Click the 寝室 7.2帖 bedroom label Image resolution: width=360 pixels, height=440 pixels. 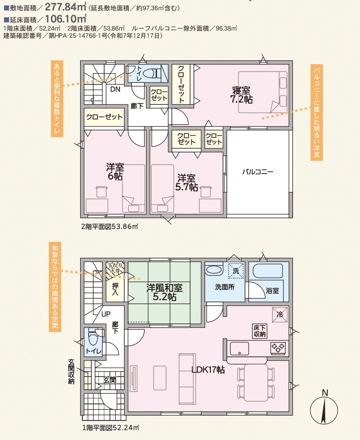(241, 95)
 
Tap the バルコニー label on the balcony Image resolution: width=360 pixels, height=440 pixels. (257, 171)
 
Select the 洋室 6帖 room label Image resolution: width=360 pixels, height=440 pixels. (115, 171)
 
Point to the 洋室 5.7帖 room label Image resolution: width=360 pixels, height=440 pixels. (186, 183)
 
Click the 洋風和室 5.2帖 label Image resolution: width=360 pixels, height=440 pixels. (165, 292)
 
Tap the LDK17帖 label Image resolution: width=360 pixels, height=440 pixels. (208, 370)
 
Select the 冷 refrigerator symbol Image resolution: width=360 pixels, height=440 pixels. (280, 315)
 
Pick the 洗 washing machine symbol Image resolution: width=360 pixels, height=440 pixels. (236, 271)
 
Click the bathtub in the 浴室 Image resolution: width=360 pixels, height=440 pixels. (268, 271)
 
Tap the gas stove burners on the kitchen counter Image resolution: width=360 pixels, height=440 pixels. (278, 348)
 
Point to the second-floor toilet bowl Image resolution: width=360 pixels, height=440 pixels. (151, 74)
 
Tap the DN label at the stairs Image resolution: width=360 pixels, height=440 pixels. (115, 89)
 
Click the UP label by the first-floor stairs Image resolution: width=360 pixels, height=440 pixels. (106, 314)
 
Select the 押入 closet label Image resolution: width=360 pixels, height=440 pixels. (115, 289)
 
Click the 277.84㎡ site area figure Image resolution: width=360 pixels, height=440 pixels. (65, 7)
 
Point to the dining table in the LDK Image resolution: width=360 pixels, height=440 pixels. (255, 382)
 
